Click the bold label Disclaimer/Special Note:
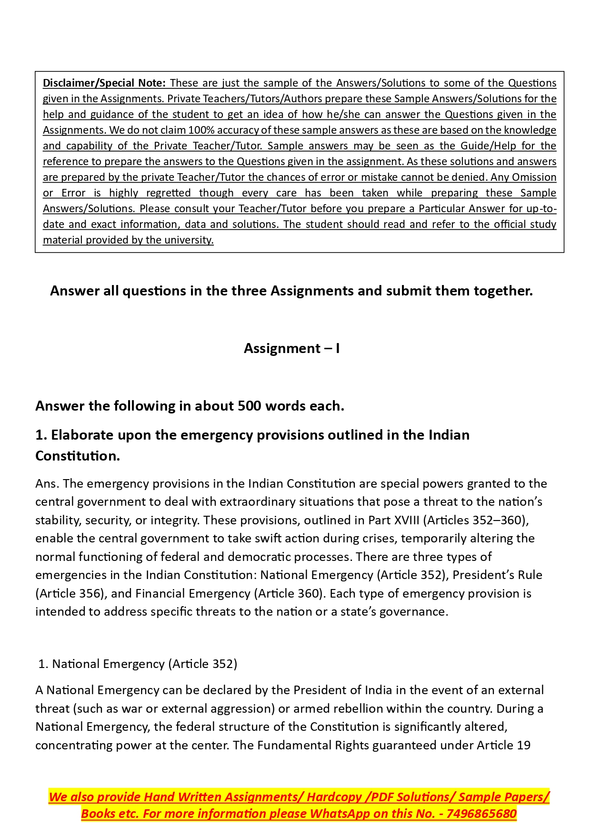click(x=104, y=83)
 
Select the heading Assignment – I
click(x=291, y=348)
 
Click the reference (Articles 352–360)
click(x=476, y=520)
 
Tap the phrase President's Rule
click(x=497, y=575)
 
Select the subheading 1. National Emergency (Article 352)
click(x=138, y=664)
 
